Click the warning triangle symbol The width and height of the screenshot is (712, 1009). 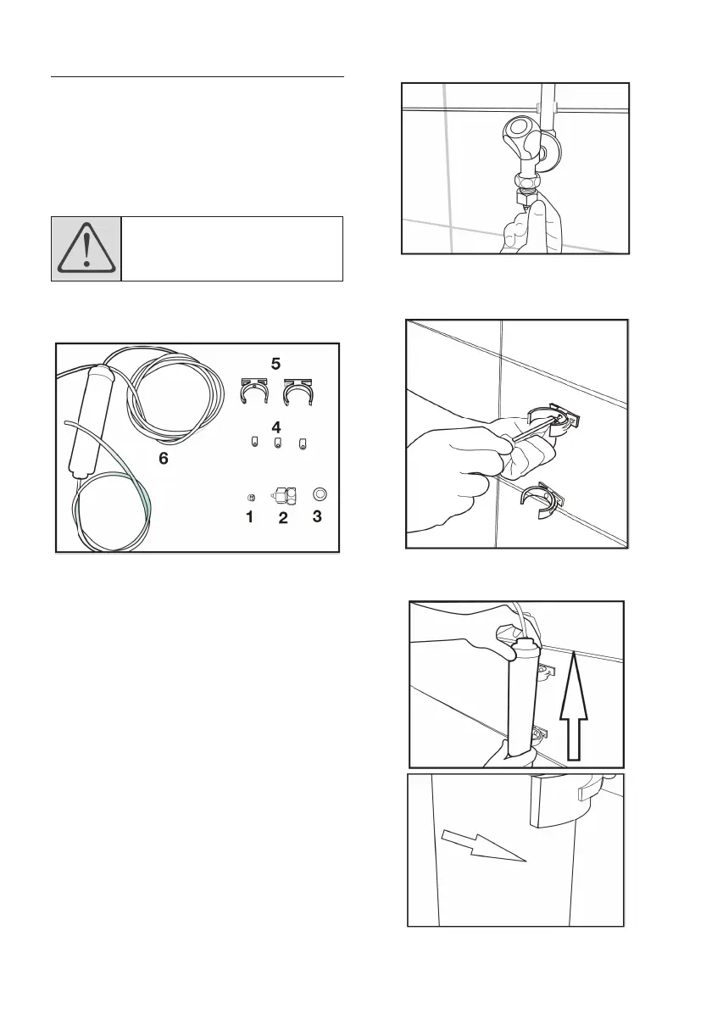point(86,248)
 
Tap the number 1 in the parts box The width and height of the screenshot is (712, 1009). point(249,516)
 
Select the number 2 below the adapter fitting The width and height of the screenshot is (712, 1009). point(283,517)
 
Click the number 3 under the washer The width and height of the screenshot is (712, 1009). point(317,516)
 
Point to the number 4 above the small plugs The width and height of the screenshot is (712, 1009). point(276,426)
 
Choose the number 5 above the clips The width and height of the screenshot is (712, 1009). point(275,364)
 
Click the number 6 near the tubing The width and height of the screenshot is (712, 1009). point(164,458)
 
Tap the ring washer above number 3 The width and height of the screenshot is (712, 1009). point(319,494)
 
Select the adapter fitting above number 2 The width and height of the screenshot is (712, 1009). point(283,495)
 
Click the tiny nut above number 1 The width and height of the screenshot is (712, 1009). point(252,496)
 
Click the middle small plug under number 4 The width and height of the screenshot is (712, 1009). point(278,442)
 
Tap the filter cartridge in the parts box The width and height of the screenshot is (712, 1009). point(90,421)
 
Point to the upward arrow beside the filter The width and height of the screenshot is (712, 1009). point(574,705)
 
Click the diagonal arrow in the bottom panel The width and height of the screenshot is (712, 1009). point(484,845)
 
